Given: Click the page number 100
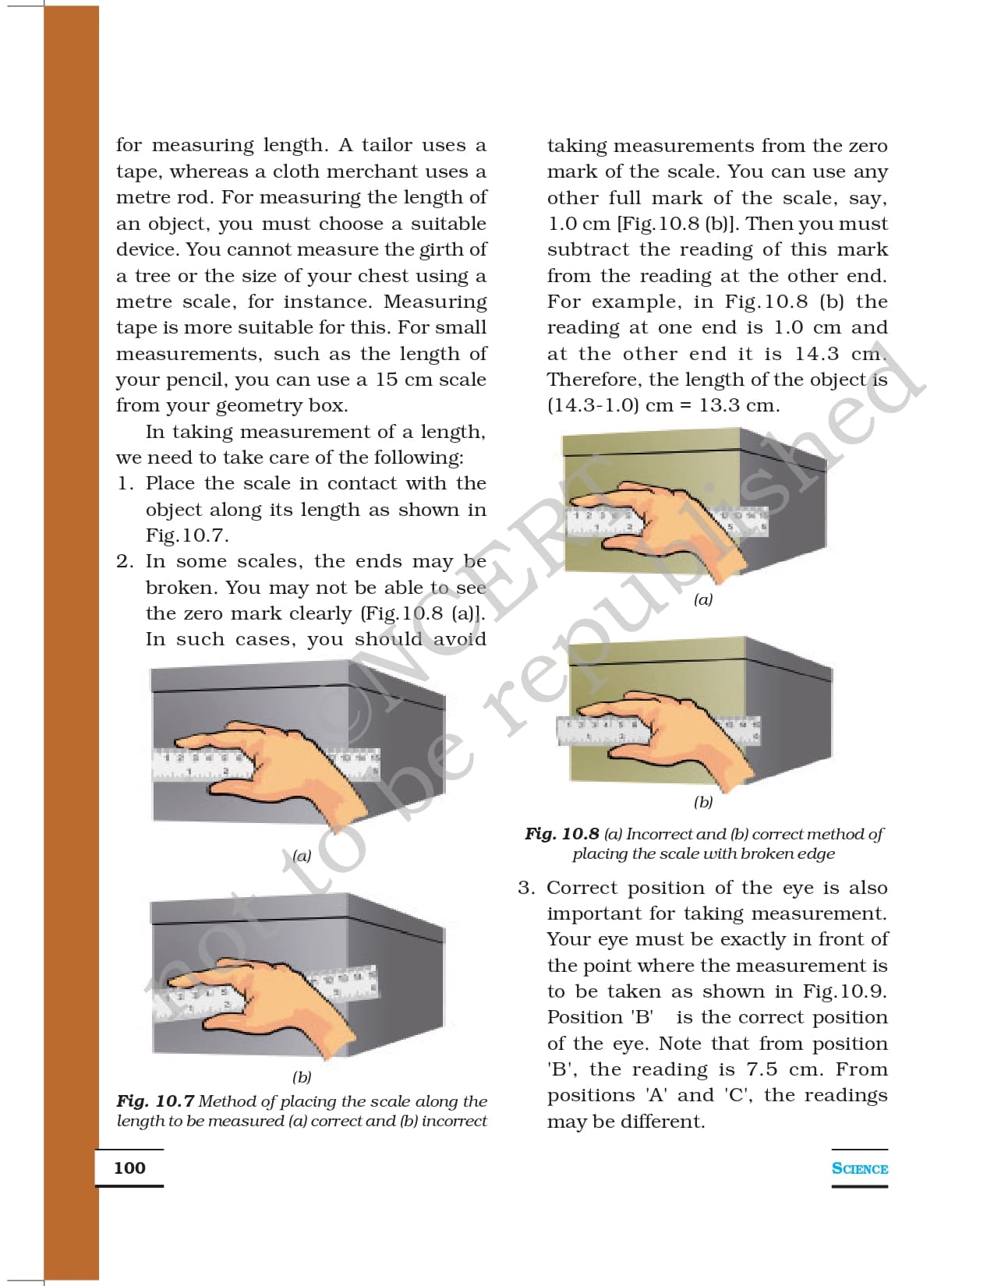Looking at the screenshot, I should (x=129, y=1168).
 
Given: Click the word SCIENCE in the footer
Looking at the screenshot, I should (x=859, y=1168).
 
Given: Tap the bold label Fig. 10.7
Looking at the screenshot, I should (x=155, y=1101).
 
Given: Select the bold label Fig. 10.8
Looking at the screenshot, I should (x=561, y=834).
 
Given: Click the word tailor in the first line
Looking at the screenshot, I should (x=387, y=145).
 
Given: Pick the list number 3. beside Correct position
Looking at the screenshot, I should (x=526, y=888).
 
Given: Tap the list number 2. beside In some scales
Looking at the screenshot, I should (x=125, y=561).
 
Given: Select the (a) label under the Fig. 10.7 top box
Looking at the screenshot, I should (x=302, y=856).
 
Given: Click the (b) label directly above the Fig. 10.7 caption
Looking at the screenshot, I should (x=302, y=1077).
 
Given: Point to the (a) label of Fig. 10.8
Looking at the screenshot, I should (x=703, y=600).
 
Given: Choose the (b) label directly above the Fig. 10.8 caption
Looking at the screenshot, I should (x=703, y=802).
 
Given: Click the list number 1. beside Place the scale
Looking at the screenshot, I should (x=125, y=483).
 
